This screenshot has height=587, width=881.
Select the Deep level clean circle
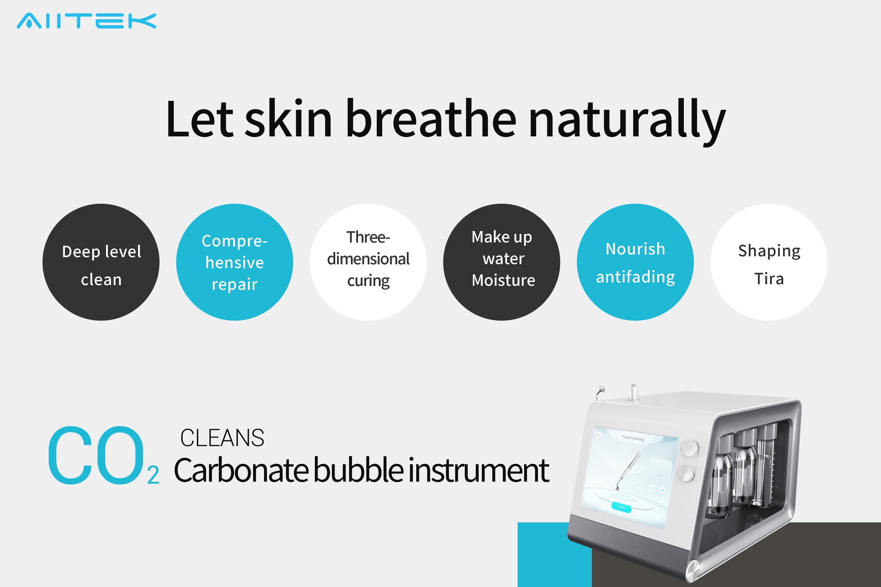tap(101, 262)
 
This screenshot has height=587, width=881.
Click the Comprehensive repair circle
tap(235, 262)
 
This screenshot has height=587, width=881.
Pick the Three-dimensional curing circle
tap(368, 262)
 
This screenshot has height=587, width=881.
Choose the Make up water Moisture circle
tap(501, 262)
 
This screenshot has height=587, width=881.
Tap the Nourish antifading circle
tap(635, 262)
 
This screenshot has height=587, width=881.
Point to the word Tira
tap(769, 279)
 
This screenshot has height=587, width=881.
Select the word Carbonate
tap(242, 470)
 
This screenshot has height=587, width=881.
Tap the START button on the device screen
tap(621, 507)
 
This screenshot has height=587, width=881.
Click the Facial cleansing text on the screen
tap(634, 438)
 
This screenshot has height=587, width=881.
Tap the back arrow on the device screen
tap(598, 435)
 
